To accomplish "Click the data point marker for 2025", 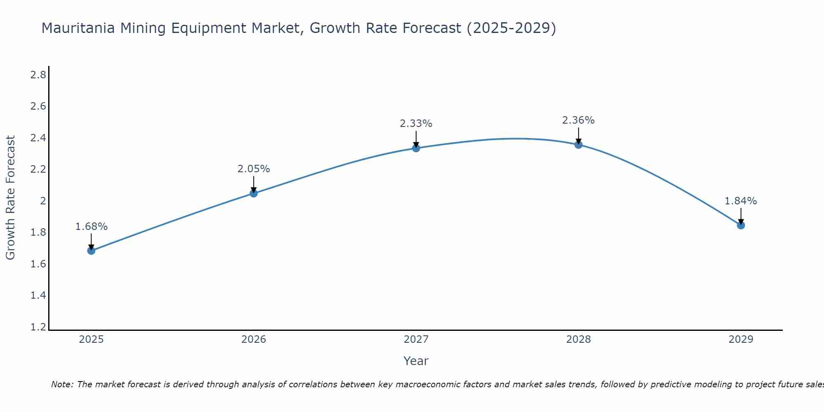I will [91, 250].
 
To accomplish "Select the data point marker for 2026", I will [254, 193].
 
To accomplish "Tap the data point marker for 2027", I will [416, 148].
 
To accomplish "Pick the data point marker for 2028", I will [578, 145].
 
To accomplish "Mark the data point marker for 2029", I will [741, 225].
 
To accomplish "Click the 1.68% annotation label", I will [91, 227].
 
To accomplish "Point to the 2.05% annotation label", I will [254, 169].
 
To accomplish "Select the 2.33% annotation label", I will [416, 124].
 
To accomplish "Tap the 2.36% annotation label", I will [578, 120].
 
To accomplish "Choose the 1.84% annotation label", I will [741, 201].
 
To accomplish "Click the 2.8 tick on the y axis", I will [38, 75].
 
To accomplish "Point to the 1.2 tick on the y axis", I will [38, 327].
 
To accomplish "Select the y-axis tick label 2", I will [42, 201].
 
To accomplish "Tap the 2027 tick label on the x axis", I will [416, 339].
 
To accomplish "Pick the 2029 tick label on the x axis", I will [741, 339].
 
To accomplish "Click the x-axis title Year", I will [416, 361].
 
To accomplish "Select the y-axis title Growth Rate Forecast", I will [11, 197].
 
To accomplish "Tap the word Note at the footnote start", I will [62, 384].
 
